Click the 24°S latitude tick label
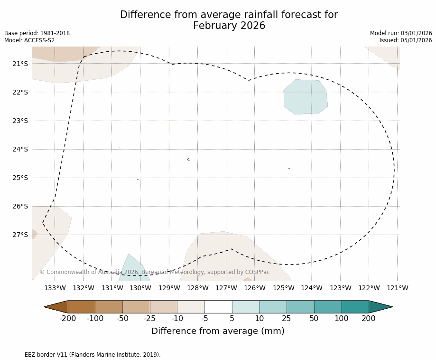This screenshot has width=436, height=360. tap(20, 149)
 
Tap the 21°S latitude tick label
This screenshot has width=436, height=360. tap(20, 64)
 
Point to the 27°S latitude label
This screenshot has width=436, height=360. tap(20, 235)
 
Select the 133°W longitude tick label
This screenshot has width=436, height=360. tap(55, 288)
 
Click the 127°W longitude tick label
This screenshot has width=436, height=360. tap(226, 288)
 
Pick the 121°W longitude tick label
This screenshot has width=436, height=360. tap(398, 288)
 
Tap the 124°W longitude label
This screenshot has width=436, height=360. tap(312, 288)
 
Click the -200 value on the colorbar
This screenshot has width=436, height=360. tap(67, 318)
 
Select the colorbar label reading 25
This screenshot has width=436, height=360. tap(287, 318)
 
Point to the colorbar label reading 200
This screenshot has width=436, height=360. tap(369, 318)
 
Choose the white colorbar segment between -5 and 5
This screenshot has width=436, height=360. tap(218, 307)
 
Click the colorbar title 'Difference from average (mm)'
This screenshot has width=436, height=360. tap(218, 331)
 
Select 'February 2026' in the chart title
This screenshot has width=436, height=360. tap(229, 26)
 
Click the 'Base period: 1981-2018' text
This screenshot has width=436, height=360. tap(37, 33)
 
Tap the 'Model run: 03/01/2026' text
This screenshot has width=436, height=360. tap(401, 33)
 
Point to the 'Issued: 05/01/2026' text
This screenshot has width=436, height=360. tap(406, 40)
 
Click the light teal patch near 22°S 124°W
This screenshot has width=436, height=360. tap(306, 97)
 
